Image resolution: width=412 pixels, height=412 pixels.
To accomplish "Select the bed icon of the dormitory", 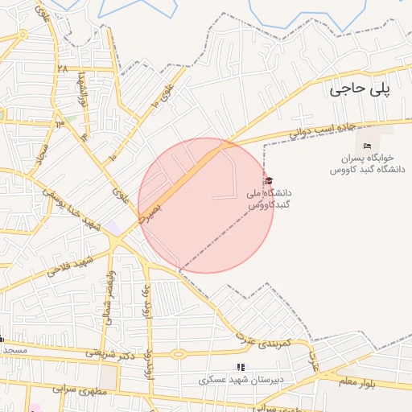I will pos(368,146).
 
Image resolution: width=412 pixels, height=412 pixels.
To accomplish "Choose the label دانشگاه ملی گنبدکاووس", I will pos(270,200).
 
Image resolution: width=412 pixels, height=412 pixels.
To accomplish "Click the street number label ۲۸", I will pos(62,68).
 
